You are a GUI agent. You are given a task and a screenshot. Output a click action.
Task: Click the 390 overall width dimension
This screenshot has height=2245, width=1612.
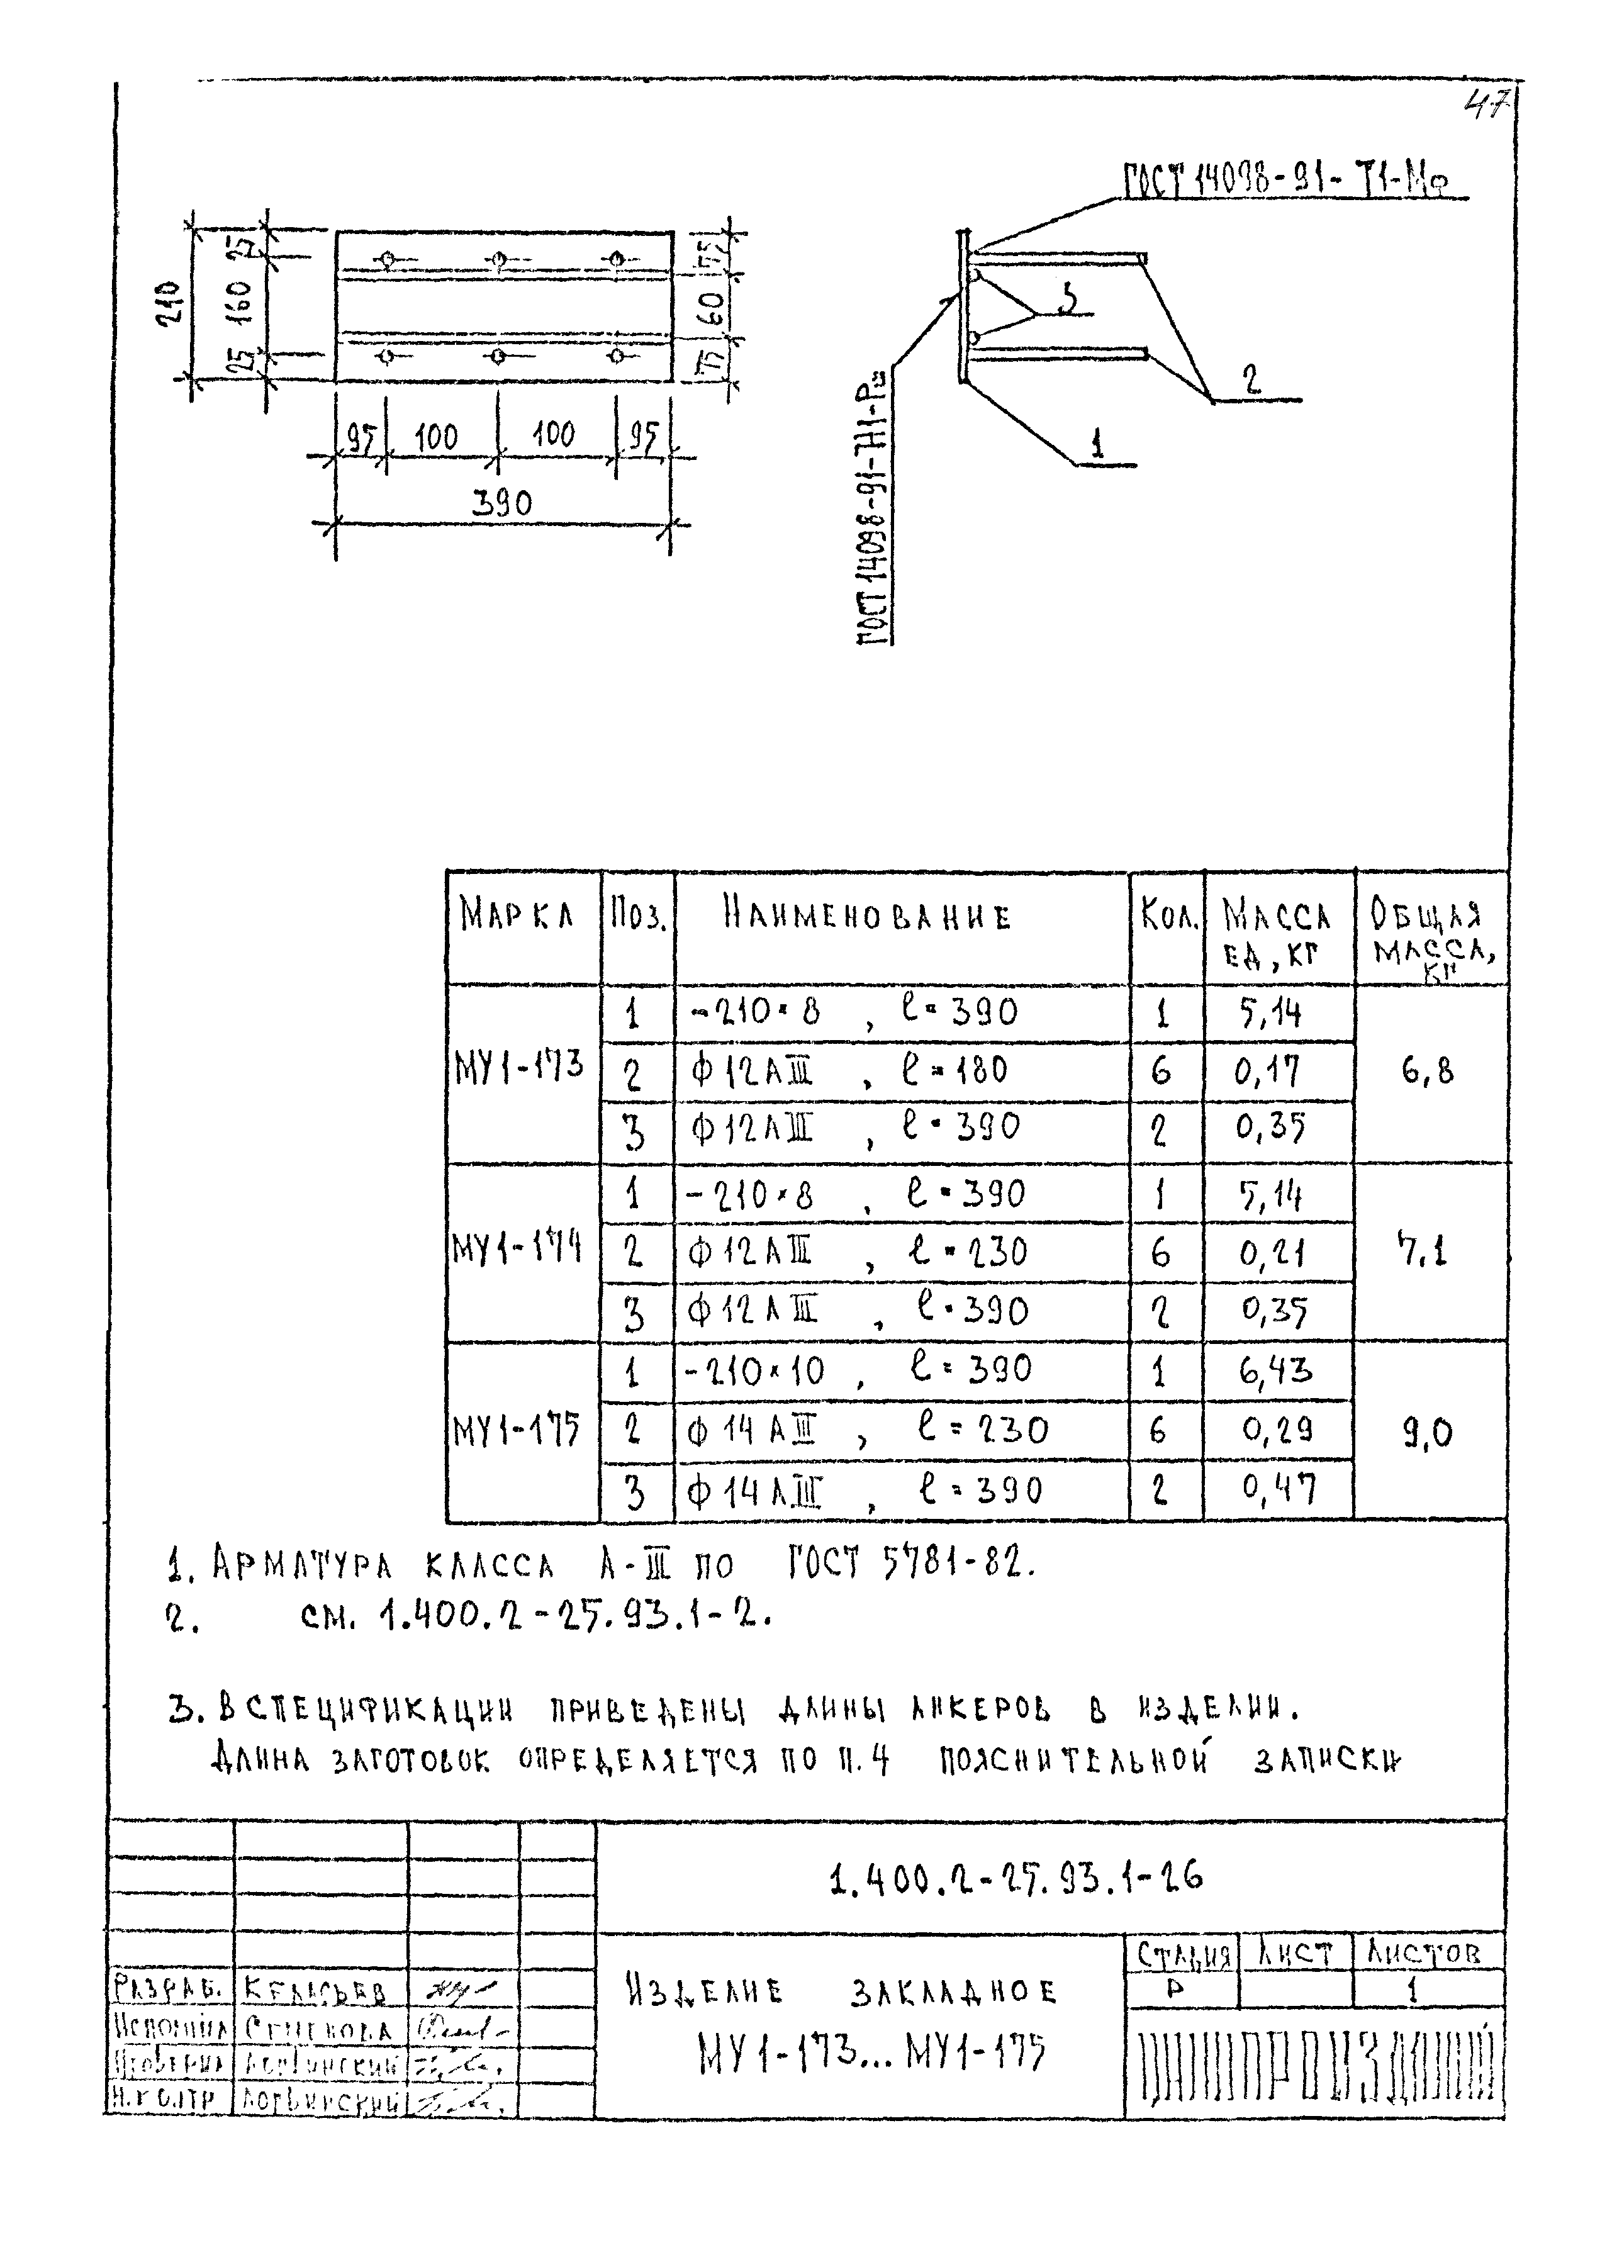[x=501, y=504]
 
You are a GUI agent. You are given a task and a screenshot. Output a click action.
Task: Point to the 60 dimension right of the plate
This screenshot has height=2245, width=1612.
[x=712, y=309]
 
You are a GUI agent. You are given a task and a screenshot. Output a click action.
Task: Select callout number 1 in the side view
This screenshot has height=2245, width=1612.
[x=1097, y=445]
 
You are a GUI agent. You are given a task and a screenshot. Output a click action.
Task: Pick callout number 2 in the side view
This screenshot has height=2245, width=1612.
[x=1252, y=380]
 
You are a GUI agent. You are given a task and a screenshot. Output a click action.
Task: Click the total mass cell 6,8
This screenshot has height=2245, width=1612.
[x=1428, y=1071]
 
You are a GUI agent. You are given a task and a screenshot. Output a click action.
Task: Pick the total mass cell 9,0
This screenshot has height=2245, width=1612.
[x=1428, y=1432]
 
